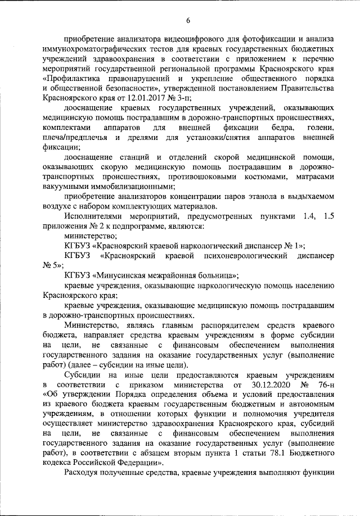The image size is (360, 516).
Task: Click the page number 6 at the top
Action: point(188,21)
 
